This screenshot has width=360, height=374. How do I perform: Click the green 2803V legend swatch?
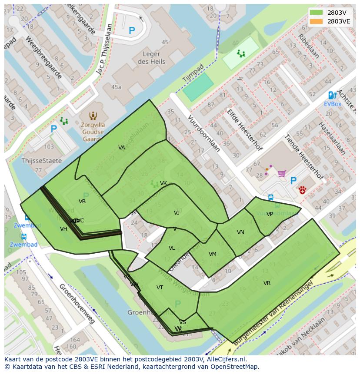pyautogui.click(x=317, y=13)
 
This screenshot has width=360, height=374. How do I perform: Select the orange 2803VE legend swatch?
pyautogui.click(x=317, y=21)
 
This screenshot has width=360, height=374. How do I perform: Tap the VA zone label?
pyautogui.click(x=122, y=148)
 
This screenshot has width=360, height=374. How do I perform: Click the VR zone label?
pyautogui.click(x=267, y=283)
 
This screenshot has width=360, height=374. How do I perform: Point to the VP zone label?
pyautogui.click(x=270, y=214)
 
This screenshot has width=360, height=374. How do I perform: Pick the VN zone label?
pyautogui.click(x=240, y=232)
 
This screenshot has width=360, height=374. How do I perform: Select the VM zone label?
pyautogui.click(x=212, y=254)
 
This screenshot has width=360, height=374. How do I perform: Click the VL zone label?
pyautogui.click(x=172, y=248)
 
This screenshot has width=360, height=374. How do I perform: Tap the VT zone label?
pyautogui.click(x=160, y=288)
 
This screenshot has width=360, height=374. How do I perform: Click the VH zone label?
pyautogui.click(x=63, y=229)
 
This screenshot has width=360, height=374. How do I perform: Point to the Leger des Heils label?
pyautogui.click(x=151, y=58)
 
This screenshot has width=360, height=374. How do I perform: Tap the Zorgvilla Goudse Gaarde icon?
pyautogui.click(x=93, y=116)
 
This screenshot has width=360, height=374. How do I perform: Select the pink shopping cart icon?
pyautogui.click(x=281, y=174)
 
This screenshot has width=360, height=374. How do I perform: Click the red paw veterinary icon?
pyautogui.click(x=302, y=190)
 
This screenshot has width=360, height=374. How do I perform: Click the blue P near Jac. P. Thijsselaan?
pyautogui.click(x=132, y=31)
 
